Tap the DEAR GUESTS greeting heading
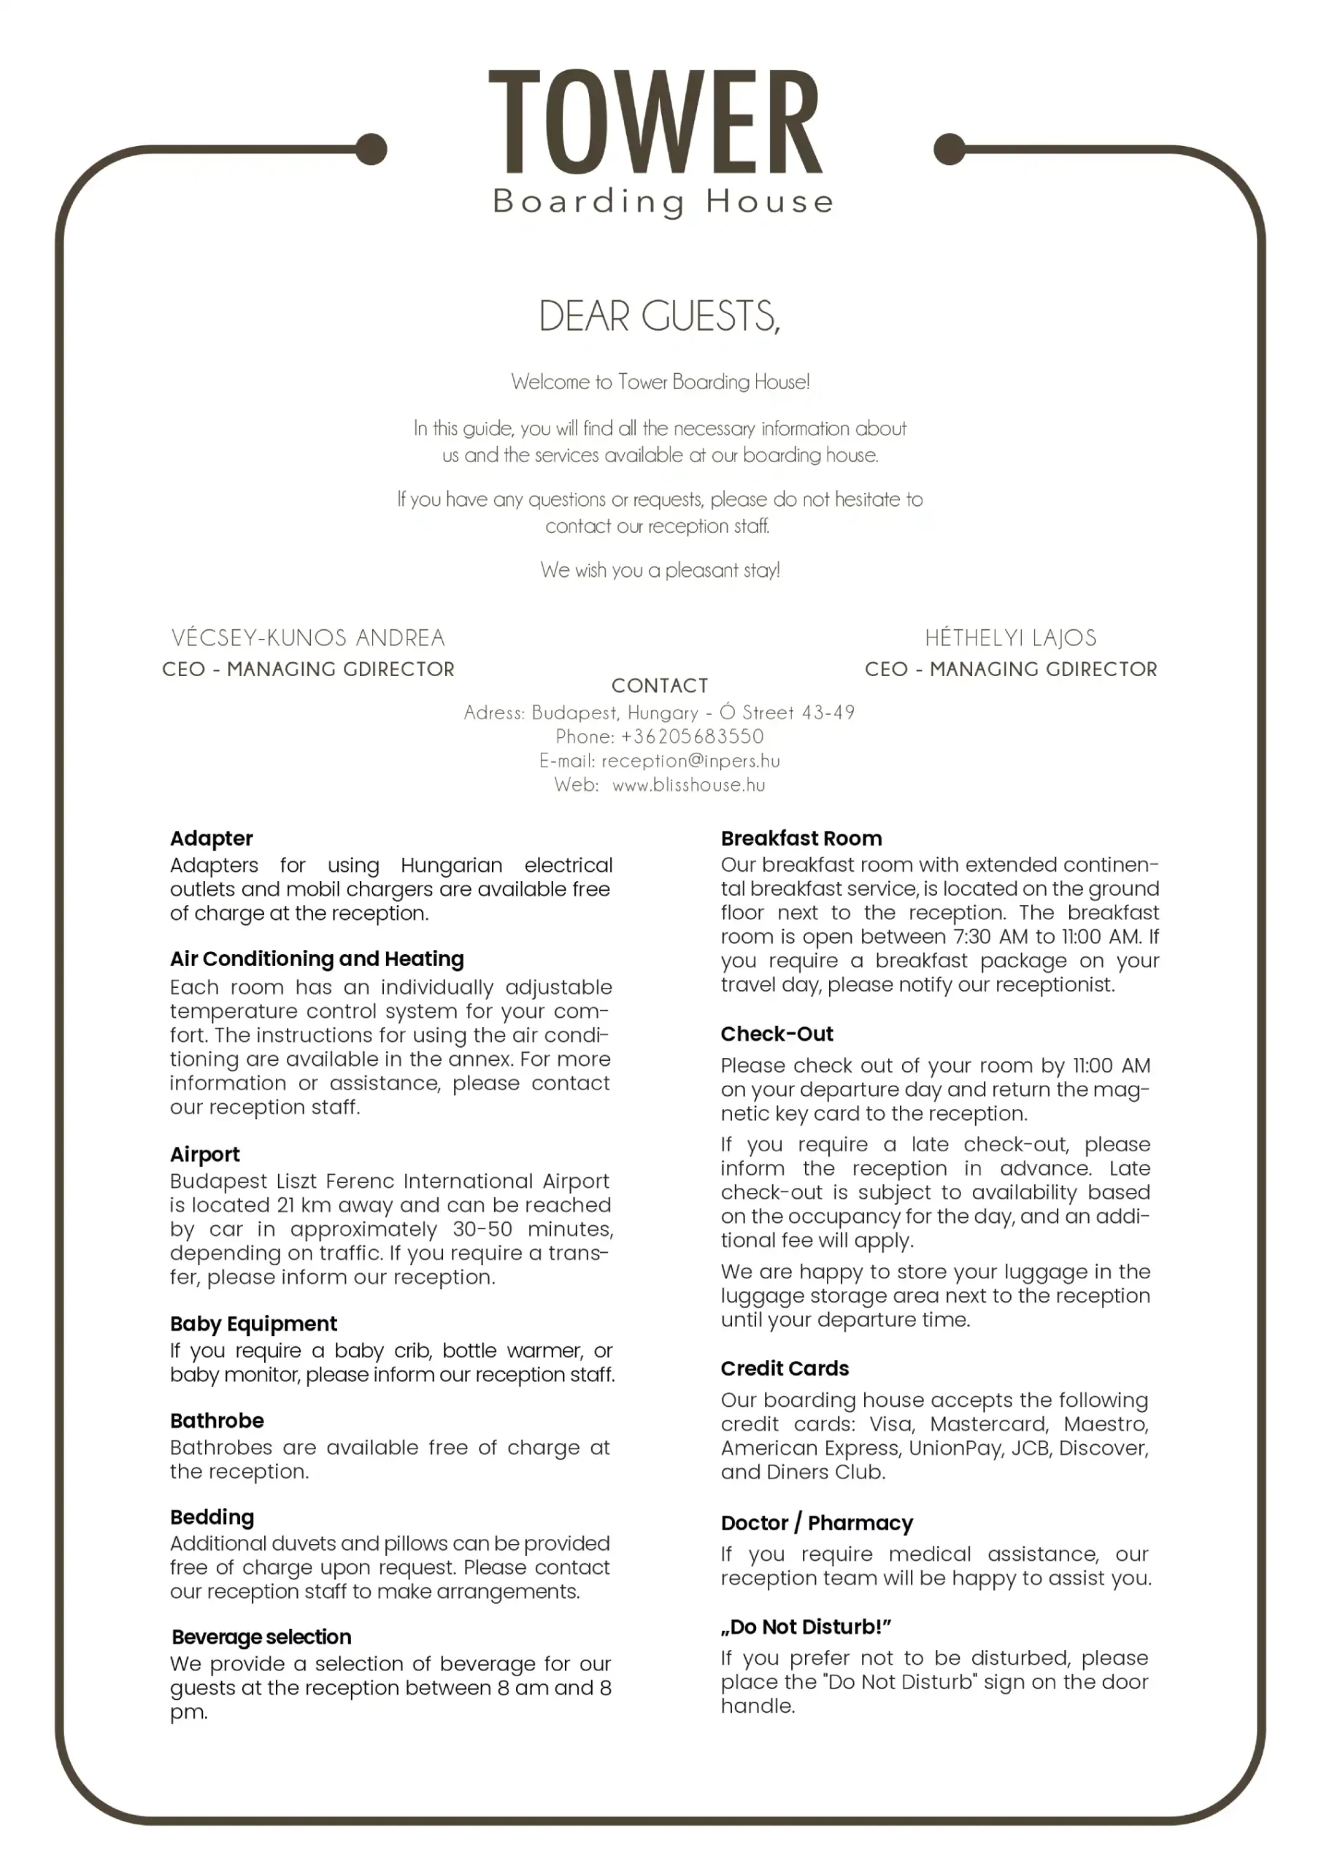[659, 316]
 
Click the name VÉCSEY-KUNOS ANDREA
[308, 637]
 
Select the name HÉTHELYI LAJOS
[1010, 637]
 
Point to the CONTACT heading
[659, 686]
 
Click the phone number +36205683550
[692, 737]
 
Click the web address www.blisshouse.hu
[688, 786]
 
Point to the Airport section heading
[205, 1154]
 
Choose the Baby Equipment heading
[253, 1324]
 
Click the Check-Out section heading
[777, 1034]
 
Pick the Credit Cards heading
[785, 1368]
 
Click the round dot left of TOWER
[371, 149]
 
